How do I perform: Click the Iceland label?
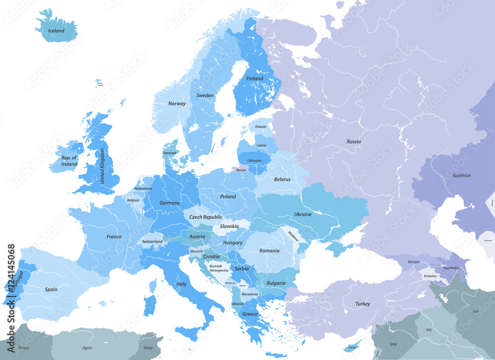tap(56, 31)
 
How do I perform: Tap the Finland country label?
tap(254, 78)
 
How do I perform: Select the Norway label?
tap(177, 103)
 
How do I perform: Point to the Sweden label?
tap(205, 96)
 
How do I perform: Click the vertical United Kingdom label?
tap(103, 167)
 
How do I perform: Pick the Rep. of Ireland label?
tap(69, 161)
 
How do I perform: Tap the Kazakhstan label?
tap(461, 175)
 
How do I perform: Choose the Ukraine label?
tap(303, 214)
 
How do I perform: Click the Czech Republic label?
tap(206, 217)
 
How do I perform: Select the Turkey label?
tap(362, 304)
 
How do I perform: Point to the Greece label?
tap(250, 314)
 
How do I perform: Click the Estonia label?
tap(260, 127)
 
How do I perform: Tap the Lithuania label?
tap(254, 160)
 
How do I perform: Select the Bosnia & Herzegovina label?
tap(218, 268)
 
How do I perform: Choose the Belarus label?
tap(282, 179)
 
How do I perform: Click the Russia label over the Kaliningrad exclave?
tap(241, 170)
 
